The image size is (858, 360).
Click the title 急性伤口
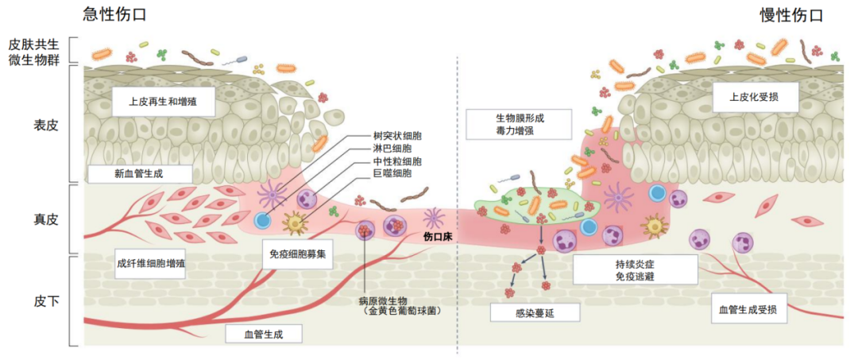tap(115, 14)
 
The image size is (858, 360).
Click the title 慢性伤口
tap(790, 14)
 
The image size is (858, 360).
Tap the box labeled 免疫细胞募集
tap(298, 254)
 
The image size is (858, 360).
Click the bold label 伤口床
tap(436, 236)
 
